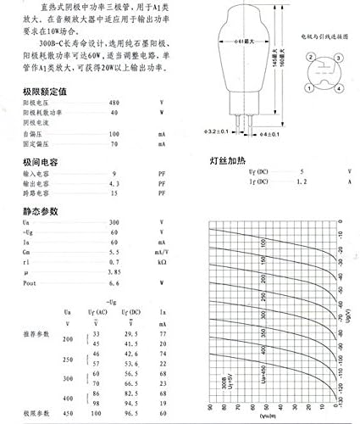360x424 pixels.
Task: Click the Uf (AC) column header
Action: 98,313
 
